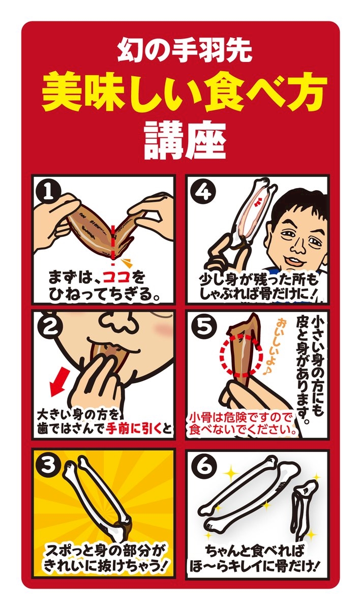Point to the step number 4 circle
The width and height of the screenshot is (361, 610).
[x=204, y=192]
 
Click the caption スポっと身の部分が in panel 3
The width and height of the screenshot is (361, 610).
[x=105, y=549]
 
